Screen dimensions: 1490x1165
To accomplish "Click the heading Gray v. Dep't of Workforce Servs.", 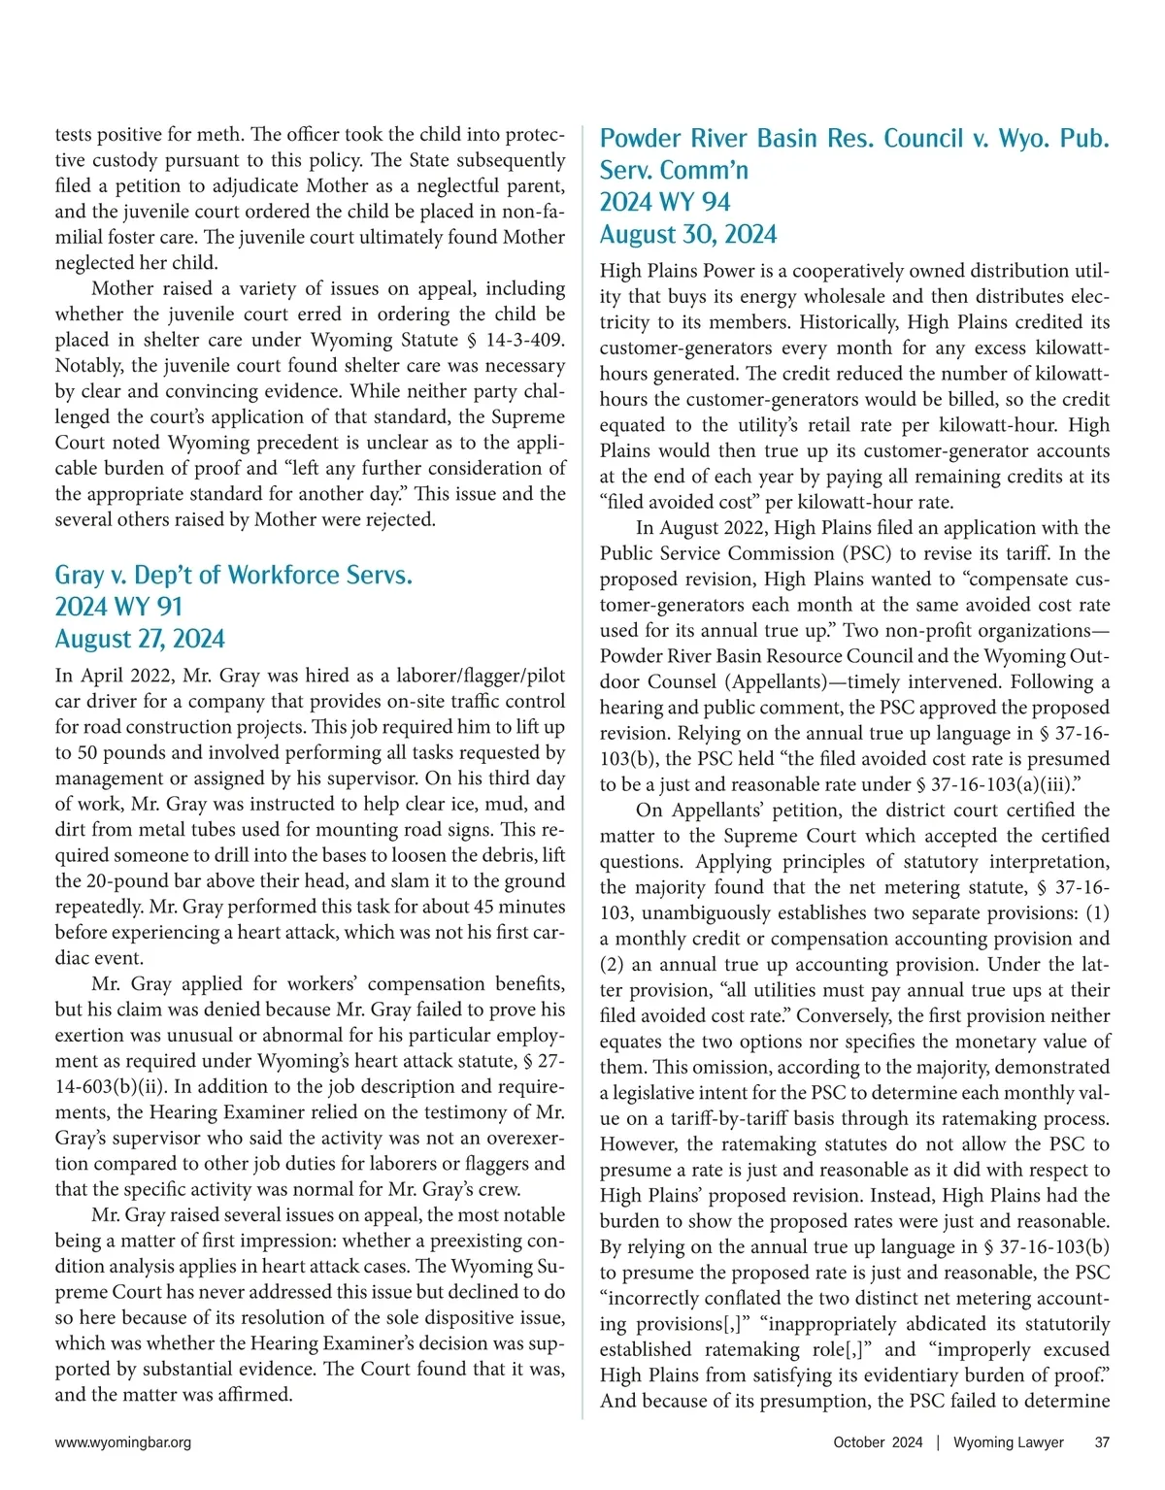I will coord(233,575).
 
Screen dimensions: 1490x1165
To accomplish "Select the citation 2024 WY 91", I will coord(118,607).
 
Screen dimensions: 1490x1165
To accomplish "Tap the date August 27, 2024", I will coord(140,639).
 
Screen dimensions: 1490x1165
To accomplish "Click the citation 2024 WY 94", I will coord(665,202).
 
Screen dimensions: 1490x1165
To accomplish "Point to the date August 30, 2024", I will coord(688,234).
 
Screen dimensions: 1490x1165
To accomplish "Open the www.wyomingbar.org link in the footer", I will coord(123,1442).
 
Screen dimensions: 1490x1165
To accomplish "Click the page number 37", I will coord(1102,1442).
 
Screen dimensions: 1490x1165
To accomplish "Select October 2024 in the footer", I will coord(878,1442).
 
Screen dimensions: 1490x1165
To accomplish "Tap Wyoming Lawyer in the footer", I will coord(1008,1442).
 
